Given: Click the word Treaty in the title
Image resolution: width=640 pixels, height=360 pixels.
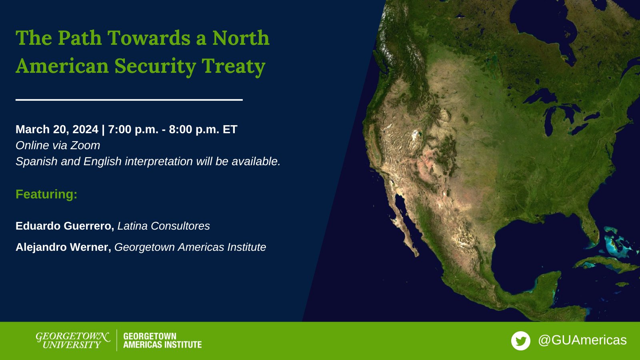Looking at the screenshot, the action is (234, 67).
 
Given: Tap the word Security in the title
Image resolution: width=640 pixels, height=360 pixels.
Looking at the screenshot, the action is (155, 67).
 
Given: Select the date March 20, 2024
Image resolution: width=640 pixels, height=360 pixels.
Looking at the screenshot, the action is (57, 130).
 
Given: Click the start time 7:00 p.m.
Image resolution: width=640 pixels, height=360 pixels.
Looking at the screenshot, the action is (133, 130).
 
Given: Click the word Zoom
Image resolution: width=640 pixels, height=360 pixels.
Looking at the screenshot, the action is (85, 146).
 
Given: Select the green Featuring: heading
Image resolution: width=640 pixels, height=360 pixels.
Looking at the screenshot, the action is (46, 194).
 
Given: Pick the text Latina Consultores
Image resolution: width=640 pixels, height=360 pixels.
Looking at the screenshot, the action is (164, 226).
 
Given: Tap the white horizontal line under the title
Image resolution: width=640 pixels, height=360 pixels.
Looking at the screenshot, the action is (129, 100).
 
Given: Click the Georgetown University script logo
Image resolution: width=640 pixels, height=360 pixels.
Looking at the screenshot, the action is (73, 340).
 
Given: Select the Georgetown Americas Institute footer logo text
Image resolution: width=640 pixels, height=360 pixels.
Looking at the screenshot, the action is (162, 340).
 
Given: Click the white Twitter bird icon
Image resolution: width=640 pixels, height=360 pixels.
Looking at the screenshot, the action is (520, 341).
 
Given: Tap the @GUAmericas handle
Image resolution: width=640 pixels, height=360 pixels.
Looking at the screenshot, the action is (582, 340).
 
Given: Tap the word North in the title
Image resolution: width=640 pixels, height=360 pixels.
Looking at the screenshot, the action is (241, 38).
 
